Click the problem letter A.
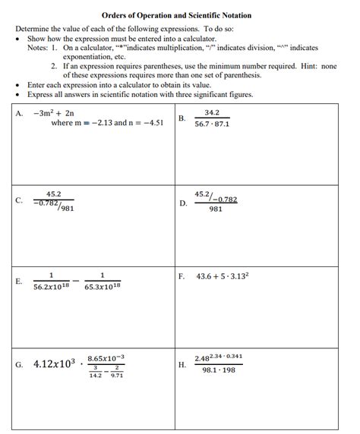tap(19, 114)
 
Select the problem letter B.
tap(182, 118)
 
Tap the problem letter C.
tap(19, 201)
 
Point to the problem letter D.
tap(183, 203)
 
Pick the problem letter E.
tap(19, 281)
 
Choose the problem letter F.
tap(182, 276)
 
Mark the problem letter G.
tap(19, 364)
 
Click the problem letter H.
tap(182, 364)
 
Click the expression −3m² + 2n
tap(54, 113)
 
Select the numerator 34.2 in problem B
tap(212, 112)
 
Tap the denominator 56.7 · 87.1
tap(212, 124)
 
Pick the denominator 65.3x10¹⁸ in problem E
tap(102, 288)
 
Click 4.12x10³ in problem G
tap(55, 364)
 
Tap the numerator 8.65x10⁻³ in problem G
tap(106, 357)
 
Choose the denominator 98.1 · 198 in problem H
tap(218, 370)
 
